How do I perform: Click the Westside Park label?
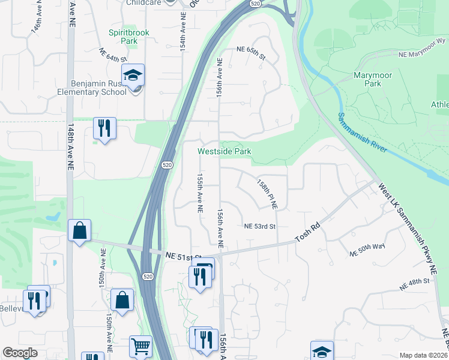click(224, 152)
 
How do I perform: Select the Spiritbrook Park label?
click(123, 37)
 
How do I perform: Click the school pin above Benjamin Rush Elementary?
click(133, 76)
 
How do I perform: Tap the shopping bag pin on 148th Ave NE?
click(79, 230)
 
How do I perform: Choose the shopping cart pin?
click(140, 346)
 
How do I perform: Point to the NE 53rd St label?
click(259, 226)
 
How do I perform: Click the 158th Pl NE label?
click(267, 193)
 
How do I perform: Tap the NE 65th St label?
click(251, 52)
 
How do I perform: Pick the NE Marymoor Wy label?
click(423, 47)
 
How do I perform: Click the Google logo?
click(20, 353)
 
